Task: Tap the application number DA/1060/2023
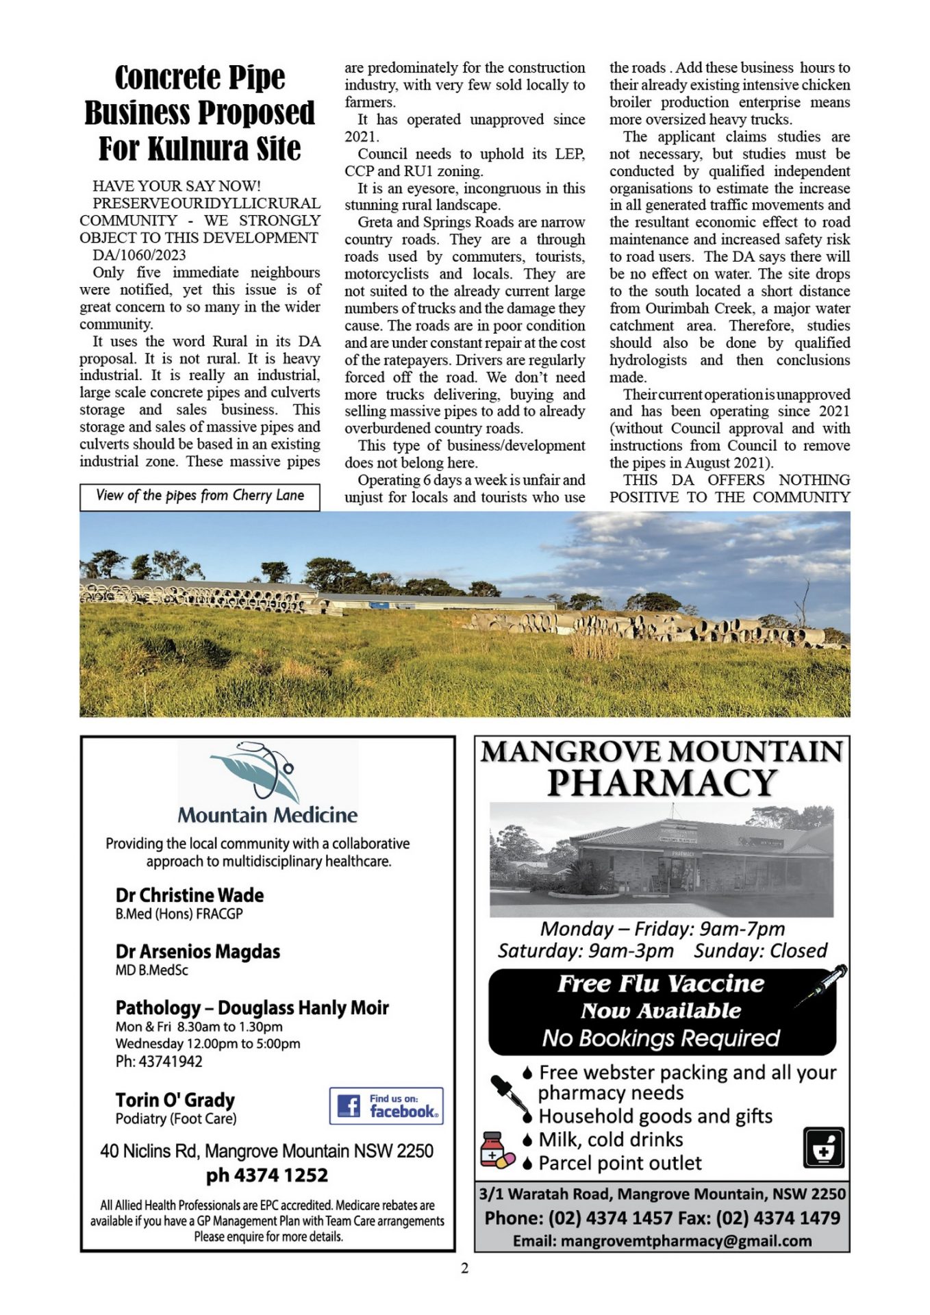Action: point(140,255)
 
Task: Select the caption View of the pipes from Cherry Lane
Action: point(200,496)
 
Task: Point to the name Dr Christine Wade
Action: point(190,895)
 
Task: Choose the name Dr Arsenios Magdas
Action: point(198,951)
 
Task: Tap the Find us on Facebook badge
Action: point(386,1105)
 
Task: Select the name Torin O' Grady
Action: point(175,1099)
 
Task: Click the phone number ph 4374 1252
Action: point(267,1175)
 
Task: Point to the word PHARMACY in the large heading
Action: point(662,783)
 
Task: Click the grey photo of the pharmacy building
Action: point(662,860)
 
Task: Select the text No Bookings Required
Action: point(661,1038)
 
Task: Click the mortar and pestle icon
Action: point(823,1148)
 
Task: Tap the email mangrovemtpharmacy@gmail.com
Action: point(686,1240)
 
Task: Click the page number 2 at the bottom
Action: point(465,1268)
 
